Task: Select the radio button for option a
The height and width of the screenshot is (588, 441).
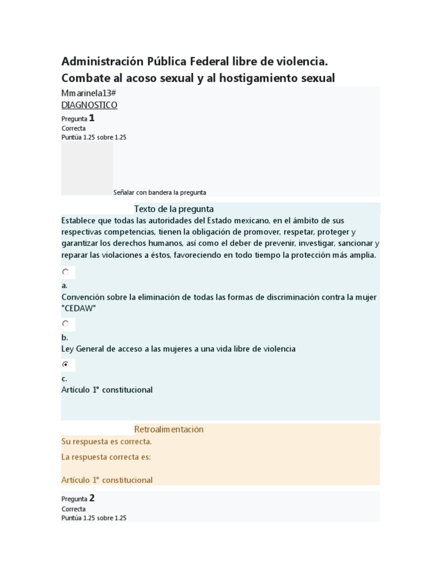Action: tap(65, 272)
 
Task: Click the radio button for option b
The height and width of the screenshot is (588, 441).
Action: tap(65, 324)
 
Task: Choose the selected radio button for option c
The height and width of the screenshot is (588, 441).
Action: tap(65, 364)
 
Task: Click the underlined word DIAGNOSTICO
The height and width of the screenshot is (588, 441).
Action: tap(89, 105)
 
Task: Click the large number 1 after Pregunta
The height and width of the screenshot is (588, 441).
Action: tap(92, 118)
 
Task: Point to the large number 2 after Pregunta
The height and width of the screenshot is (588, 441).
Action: tap(92, 498)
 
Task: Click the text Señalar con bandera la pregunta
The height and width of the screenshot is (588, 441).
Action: tap(160, 192)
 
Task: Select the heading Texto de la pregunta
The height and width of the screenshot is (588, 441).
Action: tap(173, 209)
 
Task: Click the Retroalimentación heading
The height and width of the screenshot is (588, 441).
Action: tap(169, 429)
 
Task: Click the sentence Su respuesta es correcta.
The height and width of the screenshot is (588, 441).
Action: tap(106, 442)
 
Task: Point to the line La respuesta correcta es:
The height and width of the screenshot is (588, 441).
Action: tap(106, 457)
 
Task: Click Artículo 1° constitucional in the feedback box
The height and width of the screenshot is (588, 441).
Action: tap(107, 479)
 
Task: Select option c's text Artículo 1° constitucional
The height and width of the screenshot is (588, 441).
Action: tap(107, 390)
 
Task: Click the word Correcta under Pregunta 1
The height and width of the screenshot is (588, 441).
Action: tap(73, 129)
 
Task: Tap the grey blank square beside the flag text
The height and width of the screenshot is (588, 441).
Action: tap(87, 169)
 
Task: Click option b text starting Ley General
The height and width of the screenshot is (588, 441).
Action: tap(178, 349)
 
